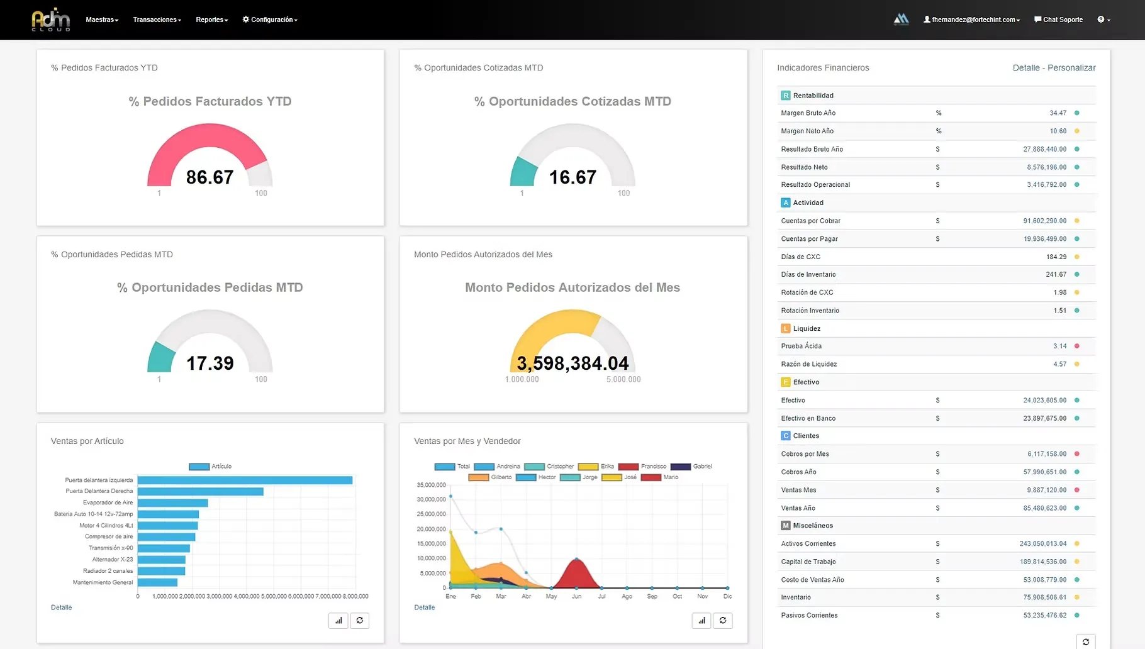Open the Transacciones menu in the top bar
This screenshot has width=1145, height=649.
click(157, 19)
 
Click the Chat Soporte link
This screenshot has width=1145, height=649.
click(1059, 19)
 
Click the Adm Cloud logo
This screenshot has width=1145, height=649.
click(51, 19)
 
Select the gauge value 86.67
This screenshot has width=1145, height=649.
click(209, 177)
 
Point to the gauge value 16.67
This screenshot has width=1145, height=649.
click(572, 177)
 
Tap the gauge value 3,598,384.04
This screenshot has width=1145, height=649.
click(572, 363)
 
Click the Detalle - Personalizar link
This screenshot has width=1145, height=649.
click(1054, 68)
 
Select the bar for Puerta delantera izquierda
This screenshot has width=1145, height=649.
click(245, 480)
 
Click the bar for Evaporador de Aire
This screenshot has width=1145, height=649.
click(172, 502)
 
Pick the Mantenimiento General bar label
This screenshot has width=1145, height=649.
click(103, 582)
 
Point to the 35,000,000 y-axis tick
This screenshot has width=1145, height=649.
click(431, 485)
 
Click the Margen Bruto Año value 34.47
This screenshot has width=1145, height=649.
click(1058, 113)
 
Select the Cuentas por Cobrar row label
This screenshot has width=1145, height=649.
click(810, 221)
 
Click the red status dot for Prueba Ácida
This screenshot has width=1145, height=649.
click(1076, 346)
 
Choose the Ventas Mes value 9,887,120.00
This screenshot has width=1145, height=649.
click(1044, 490)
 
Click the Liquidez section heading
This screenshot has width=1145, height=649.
click(807, 328)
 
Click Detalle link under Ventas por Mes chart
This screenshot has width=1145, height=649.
click(425, 607)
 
